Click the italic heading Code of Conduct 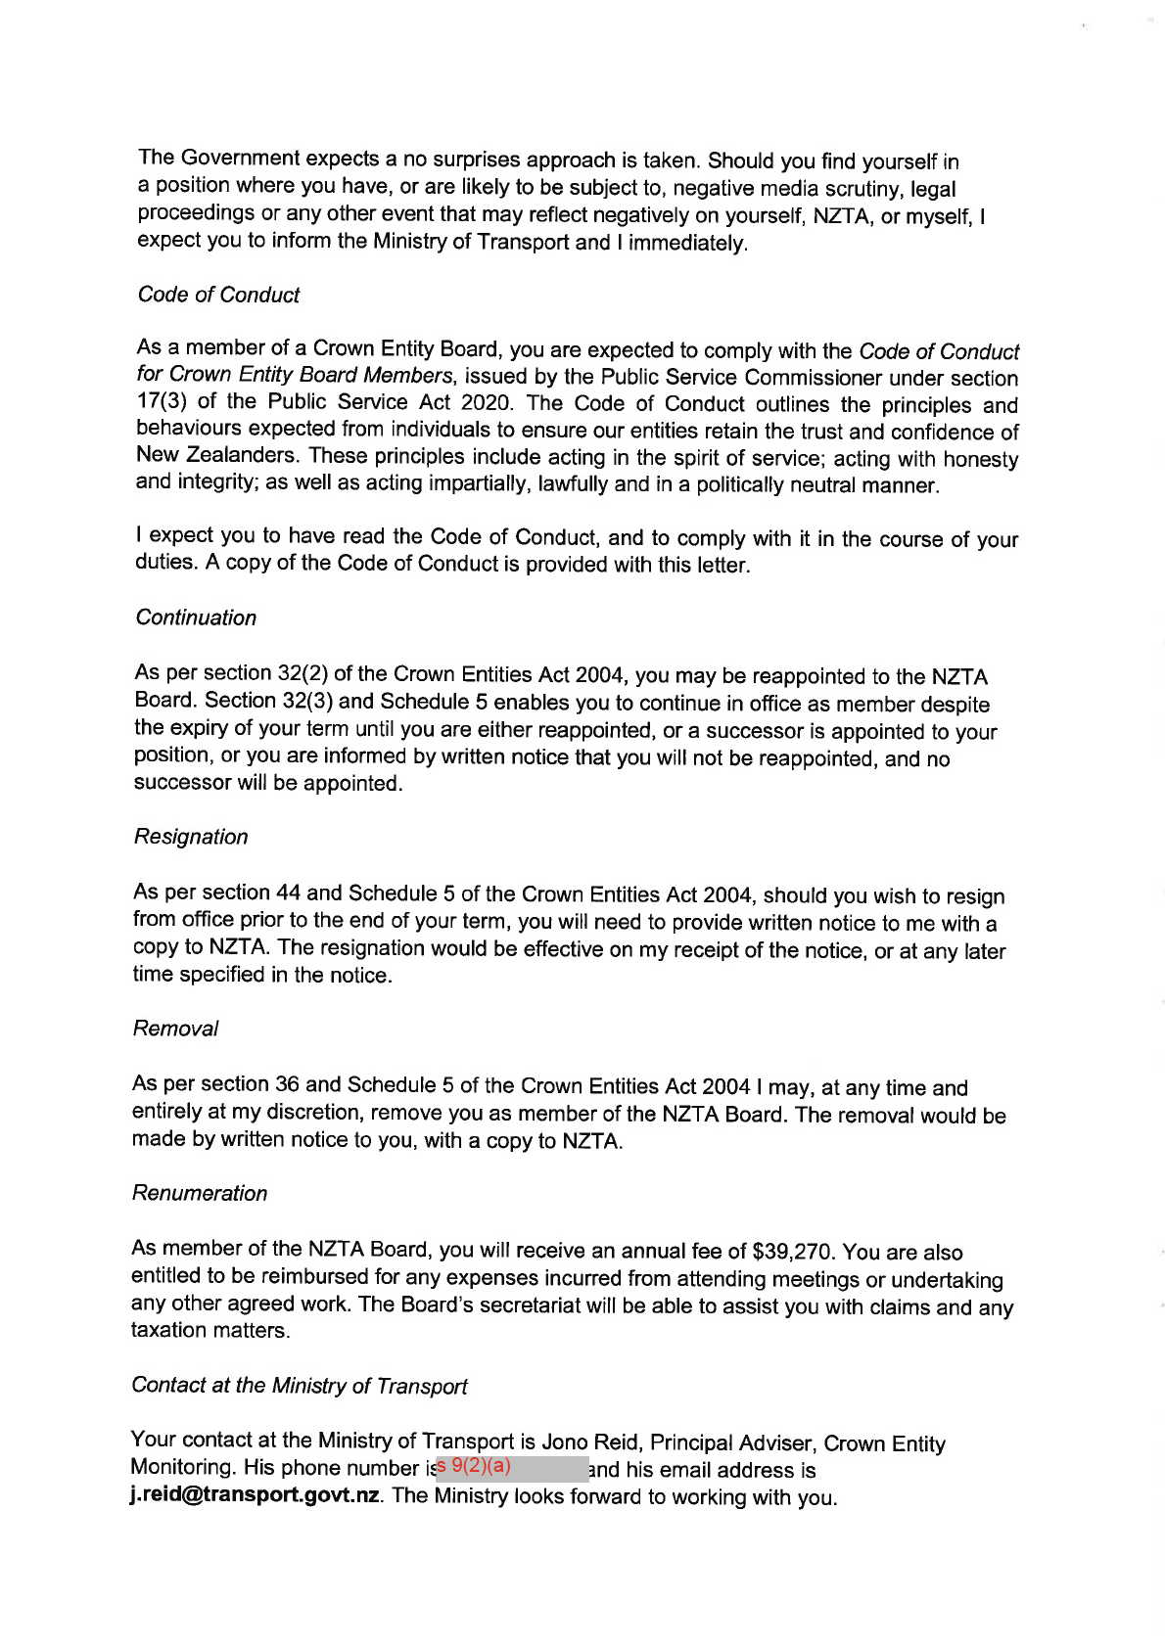click(x=218, y=295)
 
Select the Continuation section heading click(x=196, y=618)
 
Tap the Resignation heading click(x=191, y=837)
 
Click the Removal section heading click(x=175, y=1029)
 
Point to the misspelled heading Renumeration click(x=200, y=1193)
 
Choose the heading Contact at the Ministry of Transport click(x=299, y=1386)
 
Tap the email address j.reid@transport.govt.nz click(x=255, y=1496)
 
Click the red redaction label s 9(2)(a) click(x=475, y=1466)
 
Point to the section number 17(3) click(x=161, y=401)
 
